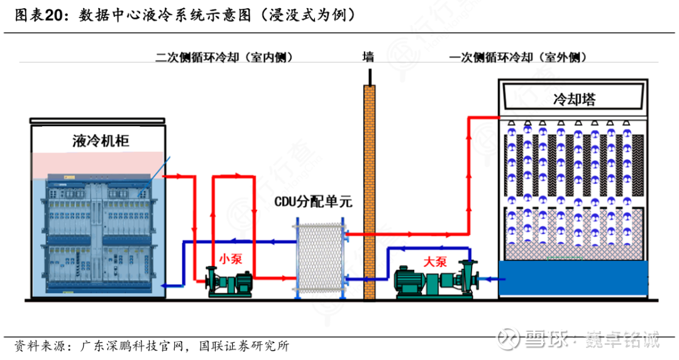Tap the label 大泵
434,262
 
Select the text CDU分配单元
313,202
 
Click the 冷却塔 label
573,99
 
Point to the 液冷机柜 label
100,141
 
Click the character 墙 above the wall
368,57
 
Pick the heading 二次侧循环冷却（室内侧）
224,57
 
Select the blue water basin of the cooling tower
573,277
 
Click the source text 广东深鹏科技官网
133,346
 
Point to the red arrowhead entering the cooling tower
493,117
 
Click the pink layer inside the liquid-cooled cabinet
100,163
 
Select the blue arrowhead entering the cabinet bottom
165,286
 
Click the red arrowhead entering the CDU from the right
348,234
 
